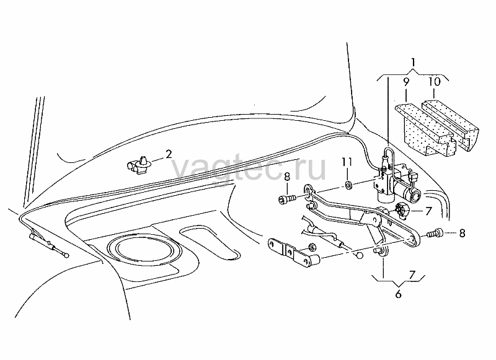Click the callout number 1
(x=413, y=63)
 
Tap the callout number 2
(x=169, y=154)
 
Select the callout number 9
(x=406, y=82)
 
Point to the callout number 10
(x=435, y=82)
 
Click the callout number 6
(x=398, y=294)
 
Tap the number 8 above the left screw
(x=287, y=177)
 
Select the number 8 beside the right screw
(x=462, y=233)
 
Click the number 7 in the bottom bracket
(x=412, y=274)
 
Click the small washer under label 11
(x=348, y=185)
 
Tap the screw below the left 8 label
(x=287, y=199)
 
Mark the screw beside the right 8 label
(x=435, y=233)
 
